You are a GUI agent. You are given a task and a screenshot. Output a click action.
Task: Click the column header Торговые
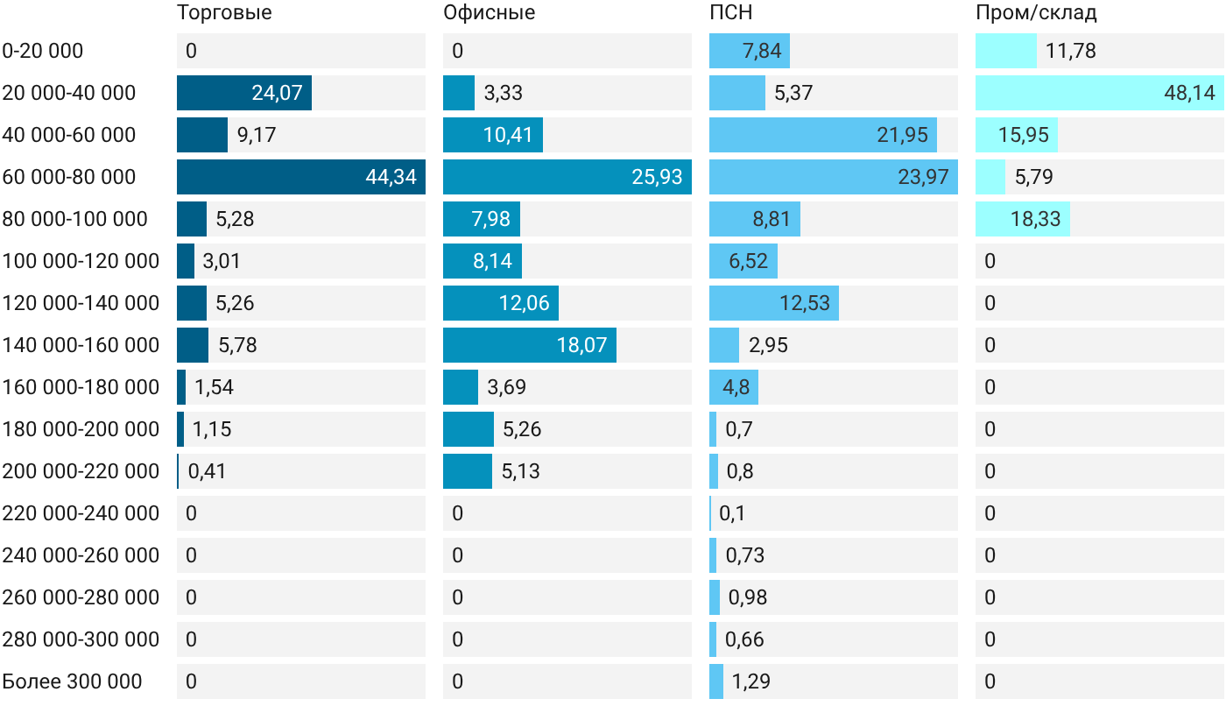pyautogui.click(x=224, y=13)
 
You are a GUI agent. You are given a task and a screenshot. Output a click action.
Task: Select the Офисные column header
pyautogui.click(x=489, y=12)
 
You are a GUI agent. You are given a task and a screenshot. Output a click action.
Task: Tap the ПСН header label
pyautogui.click(x=730, y=12)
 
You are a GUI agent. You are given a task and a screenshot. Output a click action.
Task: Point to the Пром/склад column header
pyautogui.click(x=1036, y=12)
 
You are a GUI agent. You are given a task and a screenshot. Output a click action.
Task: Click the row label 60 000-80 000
pyautogui.click(x=69, y=177)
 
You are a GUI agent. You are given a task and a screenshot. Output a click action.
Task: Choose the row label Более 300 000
pyautogui.click(x=72, y=681)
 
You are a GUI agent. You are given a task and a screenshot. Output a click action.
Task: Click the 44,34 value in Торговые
pyautogui.click(x=391, y=177)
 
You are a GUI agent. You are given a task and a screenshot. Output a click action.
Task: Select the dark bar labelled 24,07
pyautogui.click(x=244, y=93)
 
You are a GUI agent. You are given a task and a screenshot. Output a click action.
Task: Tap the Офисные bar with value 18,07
pyautogui.click(x=530, y=345)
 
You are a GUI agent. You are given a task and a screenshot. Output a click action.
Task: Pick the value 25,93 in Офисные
pyautogui.click(x=657, y=177)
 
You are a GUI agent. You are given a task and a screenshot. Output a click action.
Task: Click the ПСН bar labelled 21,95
pyautogui.click(x=823, y=135)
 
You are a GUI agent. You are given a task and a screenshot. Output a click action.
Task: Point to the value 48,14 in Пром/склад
pyautogui.click(x=1189, y=93)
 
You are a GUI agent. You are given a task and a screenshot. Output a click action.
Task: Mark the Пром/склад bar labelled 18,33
pyautogui.click(x=1023, y=219)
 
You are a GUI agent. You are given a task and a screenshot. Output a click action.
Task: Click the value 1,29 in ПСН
pyautogui.click(x=751, y=681)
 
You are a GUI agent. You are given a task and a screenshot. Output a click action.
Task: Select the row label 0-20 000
pyautogui.click(x=43, y=51)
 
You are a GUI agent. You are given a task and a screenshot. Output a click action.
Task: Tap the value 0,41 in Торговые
pyautogui.click(x=207, y=471)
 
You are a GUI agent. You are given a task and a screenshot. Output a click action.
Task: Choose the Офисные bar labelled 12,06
pyautogui.click(x=501, y=303)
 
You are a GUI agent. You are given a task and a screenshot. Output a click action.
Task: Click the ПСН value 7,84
pyautogui.click(x=762, y=51)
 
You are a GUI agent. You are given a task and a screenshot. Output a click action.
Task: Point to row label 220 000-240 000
pyautogui.click(x=81, y=513)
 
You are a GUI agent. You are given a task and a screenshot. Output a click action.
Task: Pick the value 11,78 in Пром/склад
pyautogui.click(x=1070, y=51)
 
